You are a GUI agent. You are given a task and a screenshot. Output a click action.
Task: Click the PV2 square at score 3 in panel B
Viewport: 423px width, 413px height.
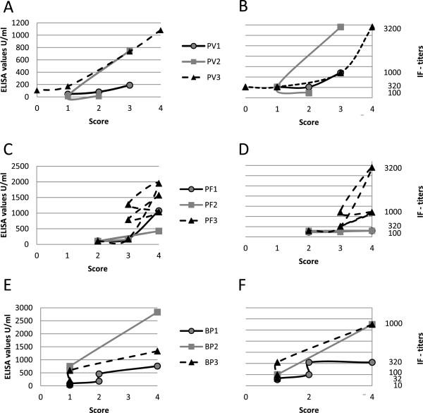pos(341,27)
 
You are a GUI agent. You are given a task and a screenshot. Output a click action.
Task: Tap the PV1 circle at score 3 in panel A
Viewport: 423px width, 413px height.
pos(130,85)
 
